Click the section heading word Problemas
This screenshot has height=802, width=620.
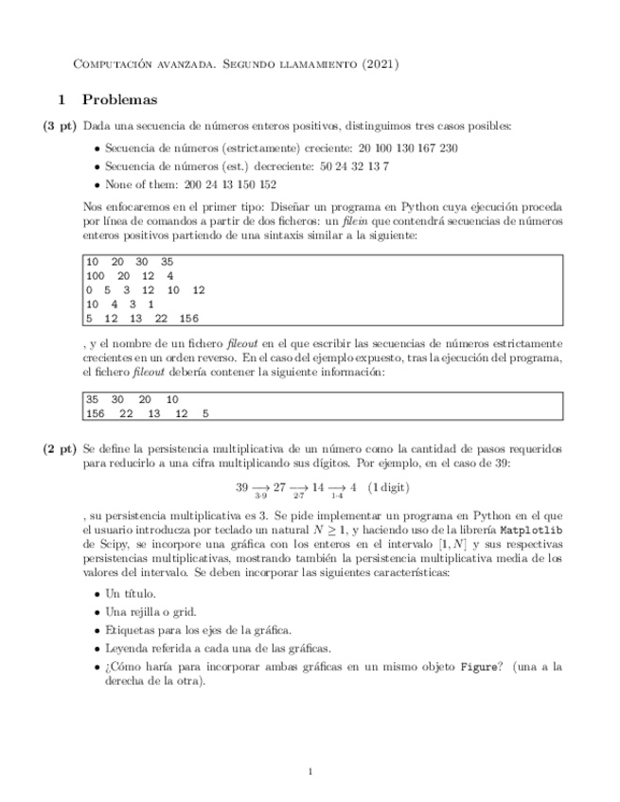(120, 98)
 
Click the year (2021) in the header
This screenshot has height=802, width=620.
(381, 64)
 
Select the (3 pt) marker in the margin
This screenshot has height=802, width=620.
(59, 126)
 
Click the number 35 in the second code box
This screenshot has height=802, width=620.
(92, 399)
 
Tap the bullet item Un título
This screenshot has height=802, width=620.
(131, 594)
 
